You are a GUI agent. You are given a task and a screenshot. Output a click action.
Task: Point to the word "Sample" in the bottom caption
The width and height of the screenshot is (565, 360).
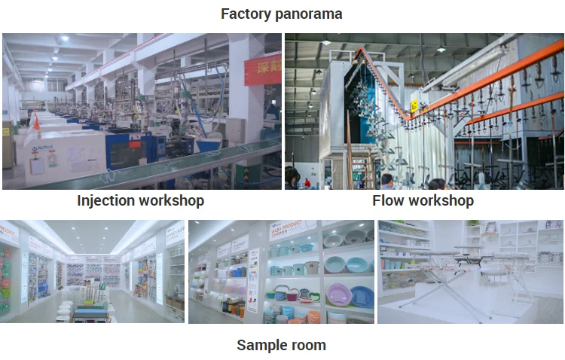click(261, 345)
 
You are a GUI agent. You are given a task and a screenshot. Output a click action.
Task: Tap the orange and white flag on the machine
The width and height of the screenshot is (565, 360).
click(35, 119)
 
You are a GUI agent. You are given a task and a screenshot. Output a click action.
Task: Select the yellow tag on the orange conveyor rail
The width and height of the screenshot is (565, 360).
click(414, 105)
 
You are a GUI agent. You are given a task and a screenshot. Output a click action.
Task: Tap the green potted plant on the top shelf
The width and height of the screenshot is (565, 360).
click(474, 224)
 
